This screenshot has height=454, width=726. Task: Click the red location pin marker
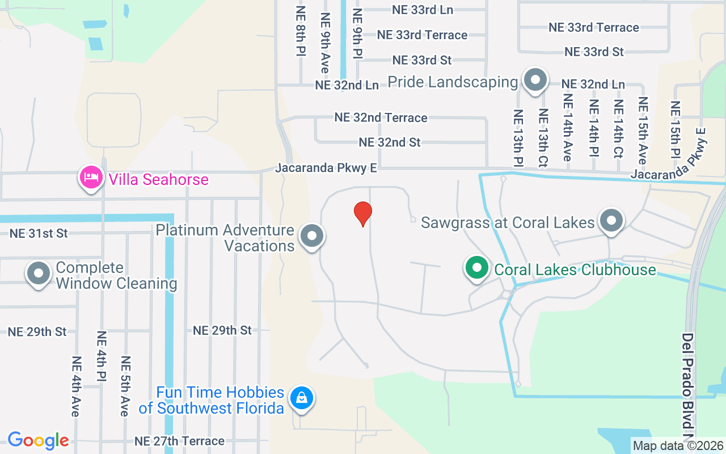pos(363,213)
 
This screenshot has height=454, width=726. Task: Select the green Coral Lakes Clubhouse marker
pos(477,268)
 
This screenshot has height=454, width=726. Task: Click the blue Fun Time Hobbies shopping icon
pos(302,398)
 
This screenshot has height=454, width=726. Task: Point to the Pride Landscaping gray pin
pos(534,80)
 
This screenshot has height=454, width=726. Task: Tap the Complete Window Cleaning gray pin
pos(39,274)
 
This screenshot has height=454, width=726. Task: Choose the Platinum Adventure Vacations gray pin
pos(311,236)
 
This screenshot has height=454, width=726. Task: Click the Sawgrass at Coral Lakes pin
pos(611,221)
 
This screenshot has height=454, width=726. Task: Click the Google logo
pos(38,440)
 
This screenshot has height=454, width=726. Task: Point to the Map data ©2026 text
pos(678,445)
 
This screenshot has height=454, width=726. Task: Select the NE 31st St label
pos(39,233)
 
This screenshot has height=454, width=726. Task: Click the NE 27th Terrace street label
pos(179,441)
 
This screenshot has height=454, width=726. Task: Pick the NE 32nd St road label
pos(390,142)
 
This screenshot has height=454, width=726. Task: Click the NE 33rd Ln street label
pos(422,10)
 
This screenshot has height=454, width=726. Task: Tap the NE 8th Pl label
pos(301,32)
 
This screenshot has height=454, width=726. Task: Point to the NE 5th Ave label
pos(125,386)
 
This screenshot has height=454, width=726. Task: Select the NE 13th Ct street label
pos(543,138)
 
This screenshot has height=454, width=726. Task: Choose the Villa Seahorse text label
pos(158,180)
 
